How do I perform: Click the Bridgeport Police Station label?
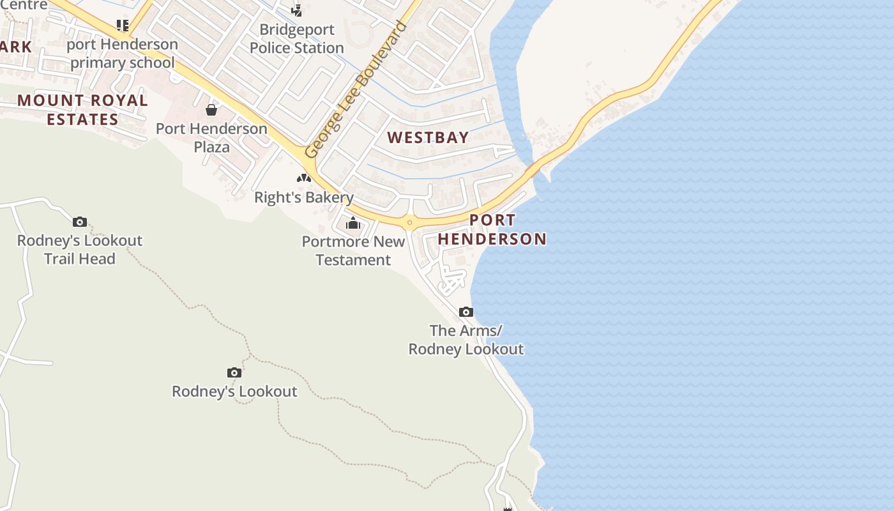(296, 39)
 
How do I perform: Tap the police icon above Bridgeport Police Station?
(297, 10)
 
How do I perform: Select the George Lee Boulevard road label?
(356, 89)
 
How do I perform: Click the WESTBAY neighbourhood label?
(428, 137)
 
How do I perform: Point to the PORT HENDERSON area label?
(492, 229)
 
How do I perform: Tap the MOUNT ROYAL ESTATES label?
(82, 110)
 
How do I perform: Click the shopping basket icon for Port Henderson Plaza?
(211, 110)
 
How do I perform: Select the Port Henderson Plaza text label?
(211, 137)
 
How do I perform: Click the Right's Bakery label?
(304, 197)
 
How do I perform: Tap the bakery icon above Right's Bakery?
(304, 178)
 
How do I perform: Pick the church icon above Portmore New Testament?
(353, 223)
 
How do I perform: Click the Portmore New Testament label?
(353, 251)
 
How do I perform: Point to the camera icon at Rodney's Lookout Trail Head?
(80, 222)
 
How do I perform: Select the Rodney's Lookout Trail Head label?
(80, 250)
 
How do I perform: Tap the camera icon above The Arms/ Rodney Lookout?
(466, 312)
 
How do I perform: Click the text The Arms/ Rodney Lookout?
(466, 340)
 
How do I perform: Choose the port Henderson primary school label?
(122, 53)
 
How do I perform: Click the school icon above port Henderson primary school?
(123, 26)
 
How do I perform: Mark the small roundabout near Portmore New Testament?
(409, 223)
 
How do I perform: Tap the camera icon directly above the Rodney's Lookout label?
(234, 372)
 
